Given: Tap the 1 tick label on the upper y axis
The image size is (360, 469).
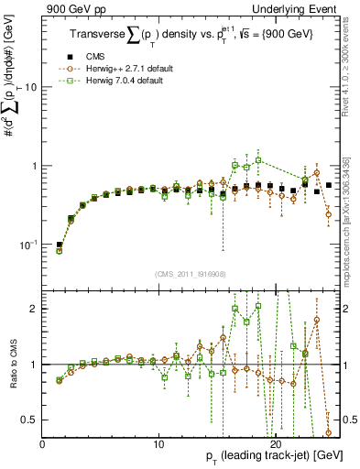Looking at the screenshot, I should [34, 166].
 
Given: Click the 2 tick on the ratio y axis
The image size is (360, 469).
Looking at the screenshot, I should [34, 309].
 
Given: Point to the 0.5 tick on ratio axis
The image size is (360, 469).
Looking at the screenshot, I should [29, 420].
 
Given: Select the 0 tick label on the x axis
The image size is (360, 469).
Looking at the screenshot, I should [43, 443].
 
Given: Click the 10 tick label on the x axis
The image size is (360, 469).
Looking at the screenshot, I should [158, 443].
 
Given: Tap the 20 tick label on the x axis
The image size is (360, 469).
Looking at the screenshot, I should [276, 443].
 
